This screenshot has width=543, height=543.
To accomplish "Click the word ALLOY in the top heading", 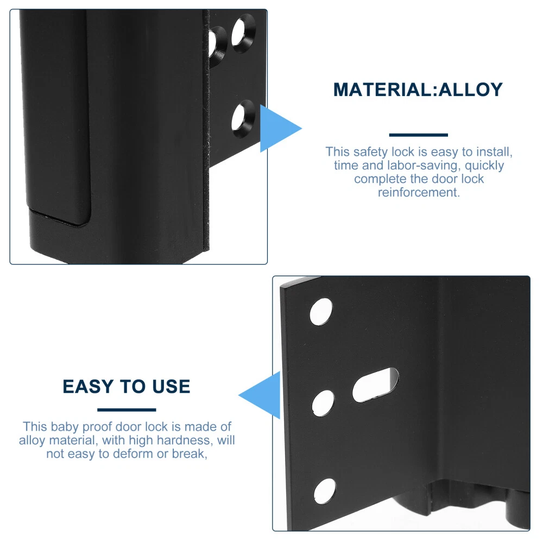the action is pos(470,90).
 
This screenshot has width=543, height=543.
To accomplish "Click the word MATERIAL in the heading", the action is pos(382,90).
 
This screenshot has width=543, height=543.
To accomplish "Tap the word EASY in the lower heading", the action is pos(88,387).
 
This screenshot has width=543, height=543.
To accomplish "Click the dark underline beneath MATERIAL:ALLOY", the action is pos(418,135).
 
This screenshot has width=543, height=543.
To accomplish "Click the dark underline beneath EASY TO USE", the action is pos(127,409).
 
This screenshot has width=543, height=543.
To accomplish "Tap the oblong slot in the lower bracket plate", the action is pos(375,385).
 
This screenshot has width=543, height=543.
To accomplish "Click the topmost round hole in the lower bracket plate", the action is pos(321,312).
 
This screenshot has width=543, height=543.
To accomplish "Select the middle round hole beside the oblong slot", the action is pos(323,403).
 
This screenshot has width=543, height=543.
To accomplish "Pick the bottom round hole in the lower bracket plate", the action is pos(325,491).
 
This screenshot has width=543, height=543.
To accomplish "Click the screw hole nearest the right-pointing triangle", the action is pos(243,119).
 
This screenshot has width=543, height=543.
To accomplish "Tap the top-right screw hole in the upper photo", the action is pos(243,33).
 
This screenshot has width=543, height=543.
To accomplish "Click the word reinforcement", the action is pos(419,192).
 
